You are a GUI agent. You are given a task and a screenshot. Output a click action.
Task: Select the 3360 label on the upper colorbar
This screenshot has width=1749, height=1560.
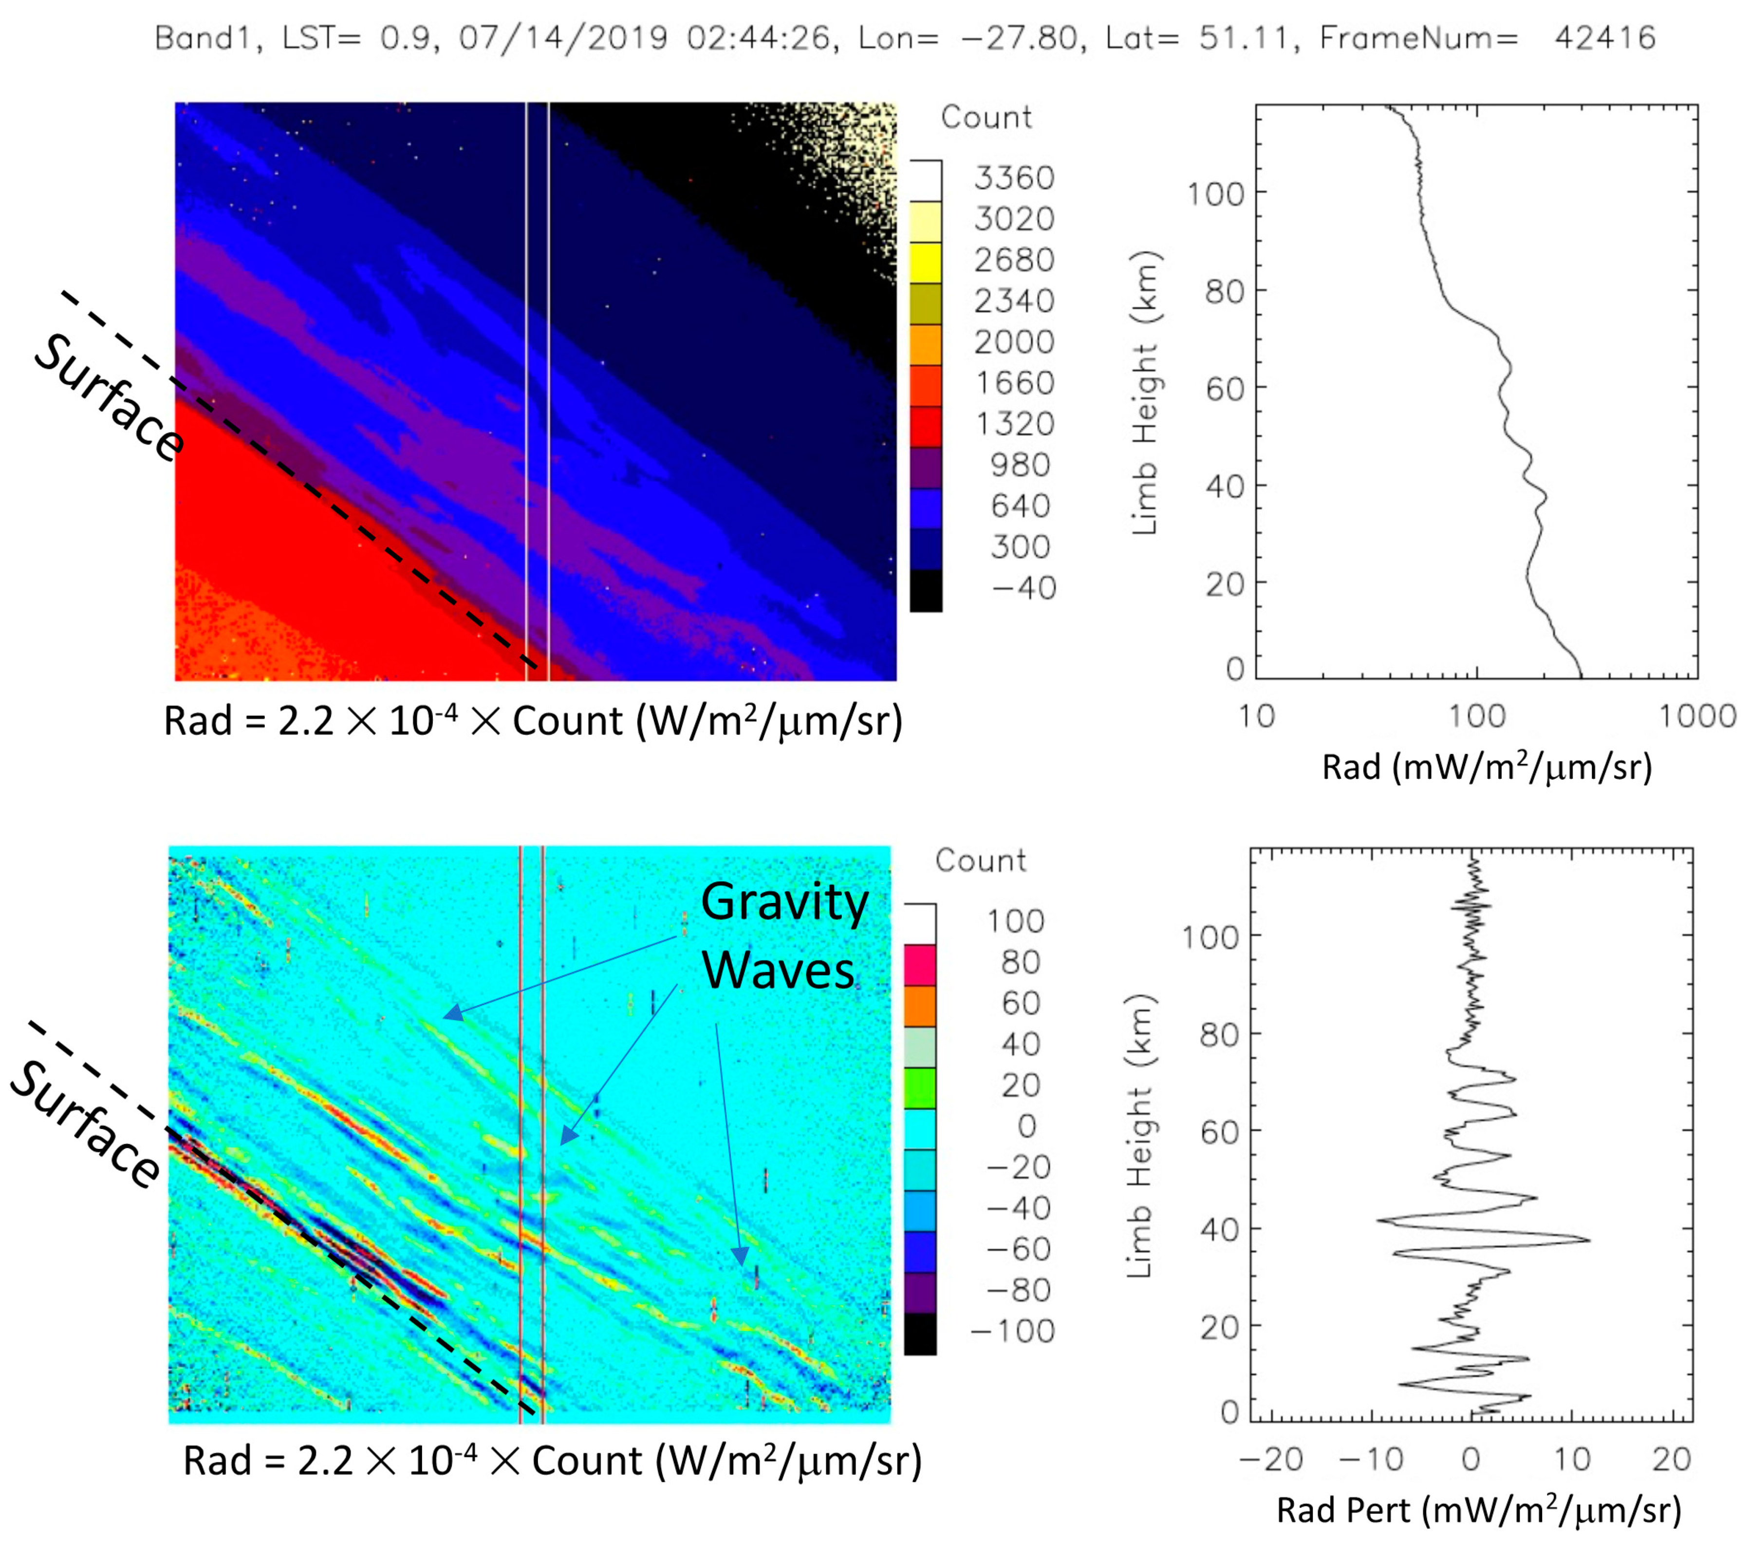pos(1014,178)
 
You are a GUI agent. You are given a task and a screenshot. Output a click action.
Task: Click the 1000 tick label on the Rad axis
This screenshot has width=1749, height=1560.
pos(1697,716)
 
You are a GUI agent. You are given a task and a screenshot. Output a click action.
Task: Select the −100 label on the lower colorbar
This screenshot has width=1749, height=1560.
pos(1012,1331)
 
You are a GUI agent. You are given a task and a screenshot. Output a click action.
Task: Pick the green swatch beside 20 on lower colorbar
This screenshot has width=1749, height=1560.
pos(919,1088)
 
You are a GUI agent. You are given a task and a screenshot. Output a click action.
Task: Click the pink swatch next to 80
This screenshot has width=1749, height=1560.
pos(919,964)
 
